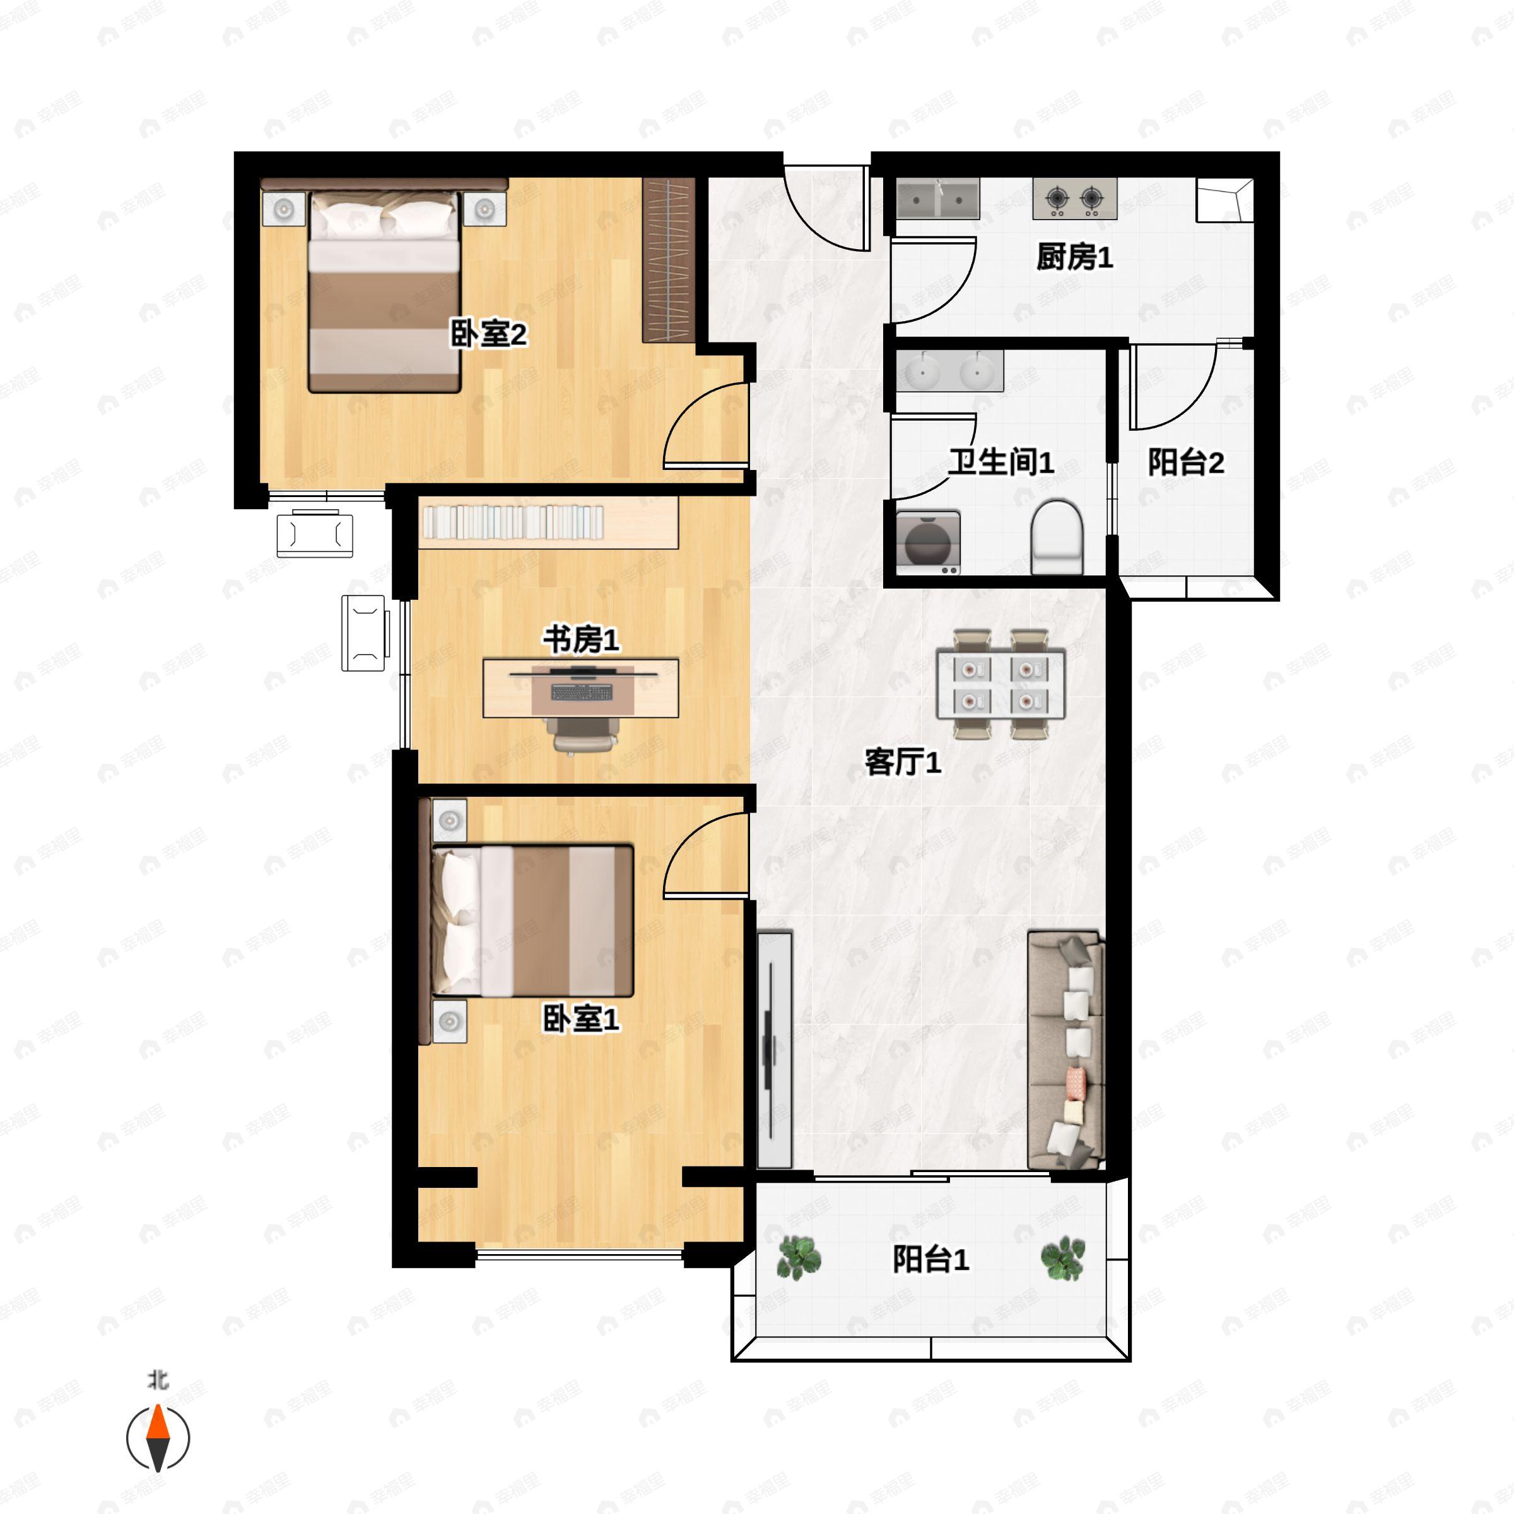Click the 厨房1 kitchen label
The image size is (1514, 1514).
tap(1074, 257)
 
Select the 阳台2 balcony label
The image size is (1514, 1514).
tap(1186, 462)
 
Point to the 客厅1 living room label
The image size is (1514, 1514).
tap(903, 761)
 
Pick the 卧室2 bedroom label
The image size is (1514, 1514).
tap(488, 334)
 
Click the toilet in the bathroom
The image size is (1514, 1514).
tap(1057, 536)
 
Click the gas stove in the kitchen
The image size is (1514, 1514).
tap(1074, 199)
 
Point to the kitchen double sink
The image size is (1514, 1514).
tap(938, 199)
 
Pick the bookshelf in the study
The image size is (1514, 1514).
tap(549, 523)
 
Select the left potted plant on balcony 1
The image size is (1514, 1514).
tap(799, 1257)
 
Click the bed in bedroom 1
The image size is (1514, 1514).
tap(531, 921)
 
